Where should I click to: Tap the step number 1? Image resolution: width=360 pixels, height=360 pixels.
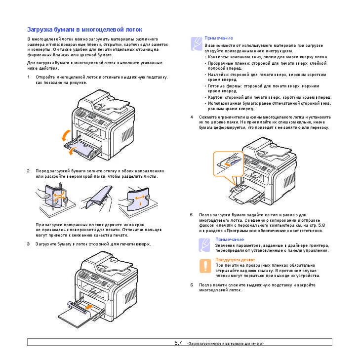tap(29, 77)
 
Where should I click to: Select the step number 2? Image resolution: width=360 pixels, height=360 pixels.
tap(29, 171)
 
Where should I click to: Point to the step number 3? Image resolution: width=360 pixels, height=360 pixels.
tap(29, 244)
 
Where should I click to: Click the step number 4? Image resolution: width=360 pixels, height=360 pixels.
tap(192, 117)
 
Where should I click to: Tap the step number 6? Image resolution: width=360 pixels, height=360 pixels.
tap(192, 285)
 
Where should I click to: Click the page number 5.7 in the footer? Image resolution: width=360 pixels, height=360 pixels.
tap(178, 342)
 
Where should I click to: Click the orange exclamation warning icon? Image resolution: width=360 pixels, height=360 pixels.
tap(204, 266)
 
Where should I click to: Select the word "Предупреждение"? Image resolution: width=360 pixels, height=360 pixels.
tap(235, 259)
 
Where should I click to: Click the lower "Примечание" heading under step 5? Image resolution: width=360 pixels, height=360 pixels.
tap(229, 239)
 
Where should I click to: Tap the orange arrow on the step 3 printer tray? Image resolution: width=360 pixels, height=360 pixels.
tap(88, 307)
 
